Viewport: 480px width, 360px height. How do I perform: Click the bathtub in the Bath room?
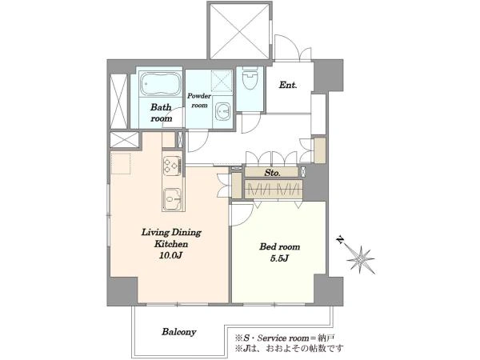(161, 84)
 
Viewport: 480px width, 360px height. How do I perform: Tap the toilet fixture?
(250, 78)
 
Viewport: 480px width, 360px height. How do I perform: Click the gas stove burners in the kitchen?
(172, 166)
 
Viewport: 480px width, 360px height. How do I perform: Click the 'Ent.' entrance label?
(288, 85)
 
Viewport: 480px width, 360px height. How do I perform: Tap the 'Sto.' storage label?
(272, 173)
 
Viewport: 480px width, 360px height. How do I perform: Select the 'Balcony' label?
(178, 332)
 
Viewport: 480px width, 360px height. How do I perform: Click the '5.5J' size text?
(279, 258)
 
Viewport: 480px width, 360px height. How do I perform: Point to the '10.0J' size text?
(170, 256)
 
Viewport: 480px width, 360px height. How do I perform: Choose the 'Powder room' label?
(199, 101)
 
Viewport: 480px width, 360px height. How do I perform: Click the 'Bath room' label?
(161, 113)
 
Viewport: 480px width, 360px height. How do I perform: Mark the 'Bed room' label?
(279, 246)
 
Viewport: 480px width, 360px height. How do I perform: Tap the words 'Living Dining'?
(171, 232)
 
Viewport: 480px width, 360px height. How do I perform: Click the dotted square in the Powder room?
(222, 81)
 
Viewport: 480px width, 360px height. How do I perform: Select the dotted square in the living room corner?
(121, 164)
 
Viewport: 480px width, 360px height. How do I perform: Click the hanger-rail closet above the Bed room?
(274, 189)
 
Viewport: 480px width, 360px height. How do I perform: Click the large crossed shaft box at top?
(240, 31)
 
